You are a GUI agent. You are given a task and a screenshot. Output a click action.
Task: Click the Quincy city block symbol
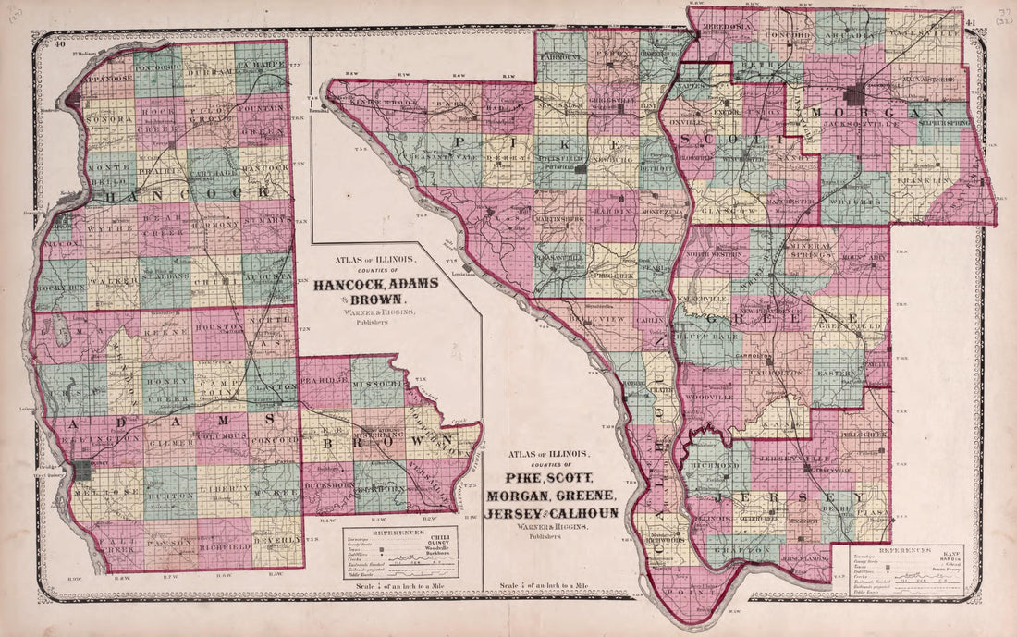point(83,470)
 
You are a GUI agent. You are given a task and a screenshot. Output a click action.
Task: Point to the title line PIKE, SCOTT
point(556,478)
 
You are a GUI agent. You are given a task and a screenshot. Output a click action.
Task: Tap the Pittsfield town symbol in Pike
point(581,169)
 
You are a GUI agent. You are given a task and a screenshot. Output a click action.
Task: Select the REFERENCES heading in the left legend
point(399,533)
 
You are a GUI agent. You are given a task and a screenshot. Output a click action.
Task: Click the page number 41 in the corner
point(970,23)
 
